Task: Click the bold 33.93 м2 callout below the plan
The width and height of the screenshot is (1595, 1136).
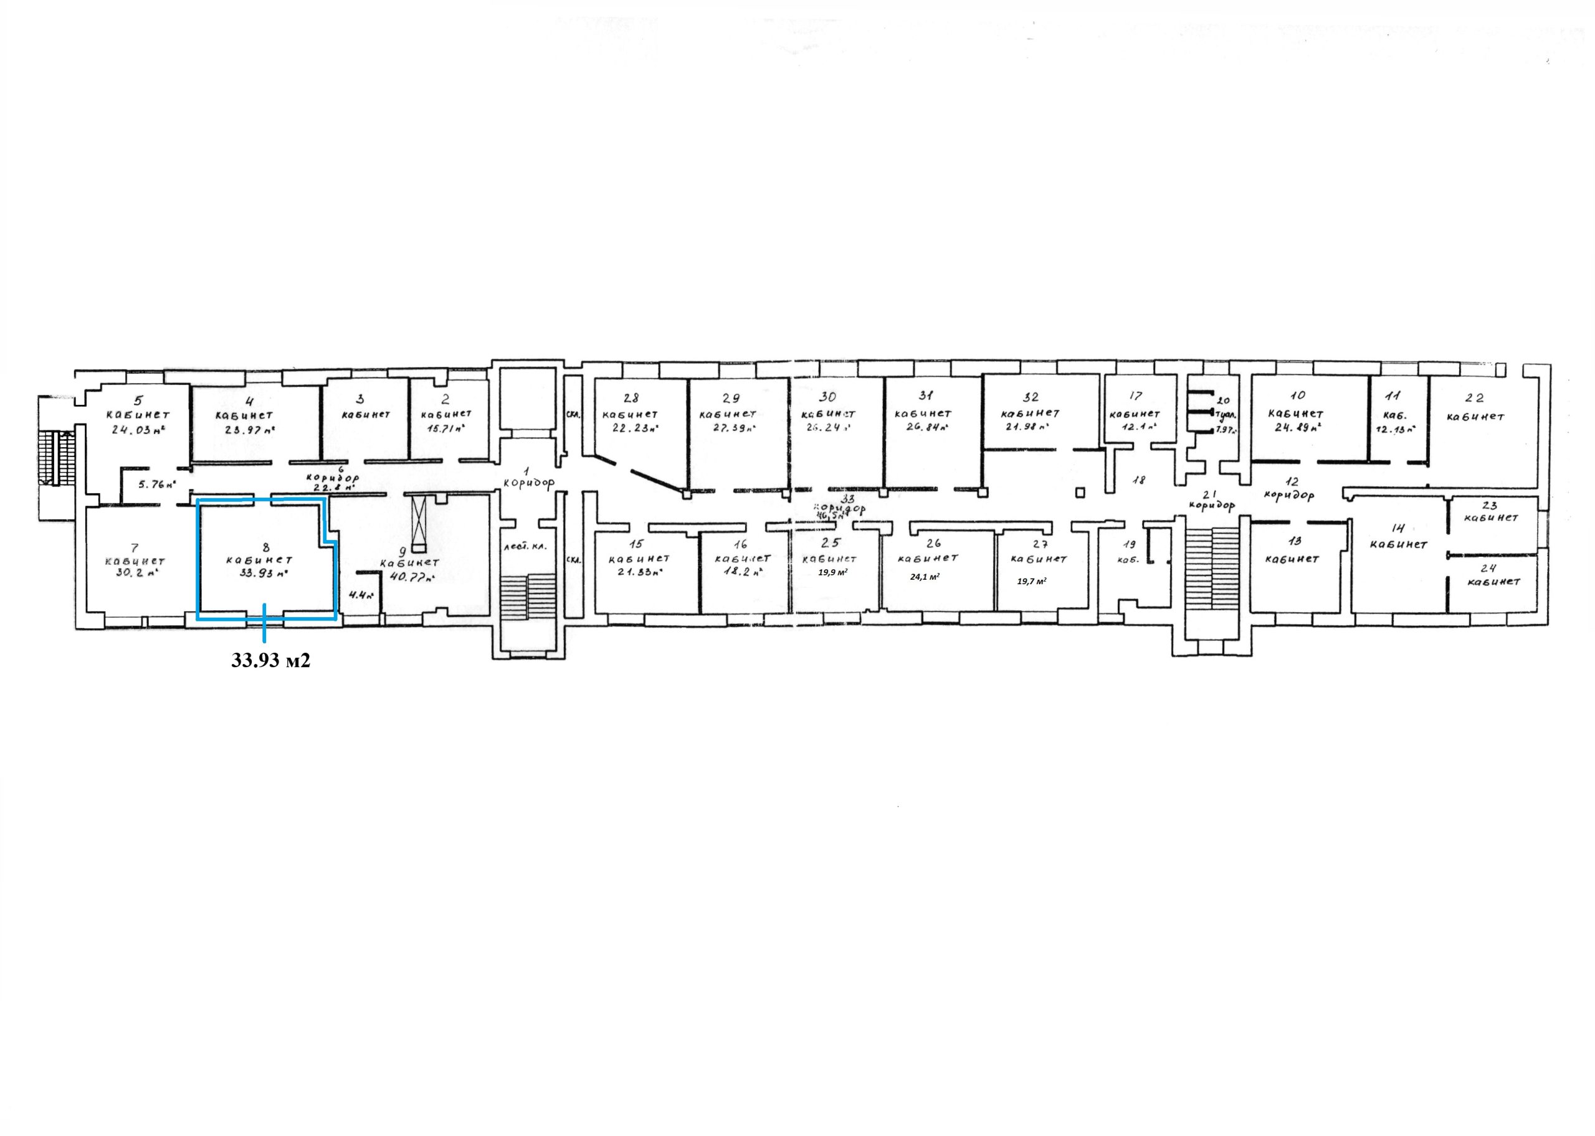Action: [271, 660]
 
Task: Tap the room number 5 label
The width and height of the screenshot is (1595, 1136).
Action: [138, 401]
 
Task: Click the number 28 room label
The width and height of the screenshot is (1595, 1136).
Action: [631, 398]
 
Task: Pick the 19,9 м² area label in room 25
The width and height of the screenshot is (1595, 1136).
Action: [832, 572]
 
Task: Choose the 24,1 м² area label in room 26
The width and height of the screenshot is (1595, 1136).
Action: [924, 577]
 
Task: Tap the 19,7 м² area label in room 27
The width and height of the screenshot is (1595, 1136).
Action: [1031, 580]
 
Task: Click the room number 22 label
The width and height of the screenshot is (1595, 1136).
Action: [1474, 399]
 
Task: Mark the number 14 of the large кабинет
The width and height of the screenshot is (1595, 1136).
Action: [1397, 528]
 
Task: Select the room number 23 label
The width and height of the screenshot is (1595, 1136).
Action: [1489, 505]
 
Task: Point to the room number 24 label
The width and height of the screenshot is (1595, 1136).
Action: [1489, 568]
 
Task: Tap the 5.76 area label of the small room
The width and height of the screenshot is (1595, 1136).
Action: [156, 483]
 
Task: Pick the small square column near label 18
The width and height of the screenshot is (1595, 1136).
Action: [1081, 493]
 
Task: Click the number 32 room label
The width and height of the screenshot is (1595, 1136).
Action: [1031, 397]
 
